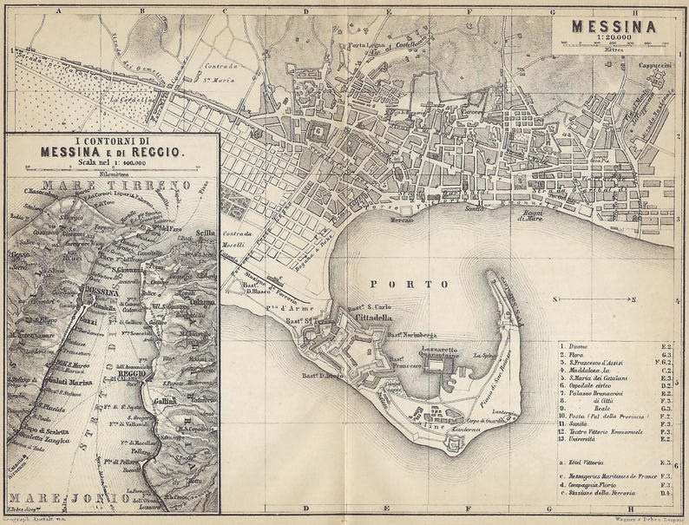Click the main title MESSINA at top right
(613, 26)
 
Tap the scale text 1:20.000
(613, 39)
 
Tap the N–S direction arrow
(594, 299)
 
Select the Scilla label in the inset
(205, 233)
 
